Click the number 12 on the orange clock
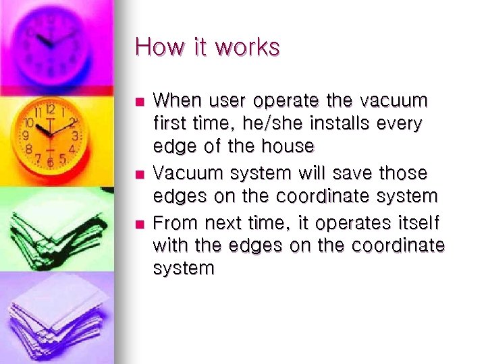50,109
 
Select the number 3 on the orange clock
76,135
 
